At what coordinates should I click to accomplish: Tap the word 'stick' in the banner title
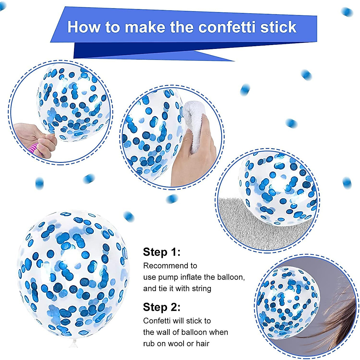point(278,27)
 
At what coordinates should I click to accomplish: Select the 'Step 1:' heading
point(162,252)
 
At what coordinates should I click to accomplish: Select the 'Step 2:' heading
point(162,307)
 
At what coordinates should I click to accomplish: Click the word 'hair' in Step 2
point(202,344)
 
